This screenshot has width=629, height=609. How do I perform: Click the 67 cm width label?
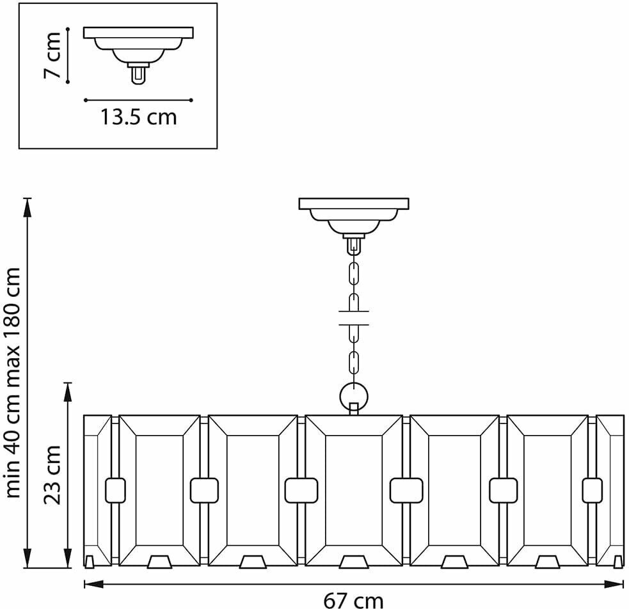[353, 599]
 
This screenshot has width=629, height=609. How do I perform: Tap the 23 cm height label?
[54, 475]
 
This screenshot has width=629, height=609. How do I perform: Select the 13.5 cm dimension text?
[138, 118]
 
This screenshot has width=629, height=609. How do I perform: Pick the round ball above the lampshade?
[353, 395]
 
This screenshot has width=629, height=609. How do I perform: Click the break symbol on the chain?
[353, 317]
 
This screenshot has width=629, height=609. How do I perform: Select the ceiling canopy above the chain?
[353, 214]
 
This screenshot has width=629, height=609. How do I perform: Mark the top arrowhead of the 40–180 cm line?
[27, 204]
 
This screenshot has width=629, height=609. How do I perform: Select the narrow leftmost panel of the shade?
[97, 489]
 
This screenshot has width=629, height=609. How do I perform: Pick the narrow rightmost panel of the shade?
[610, 489]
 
